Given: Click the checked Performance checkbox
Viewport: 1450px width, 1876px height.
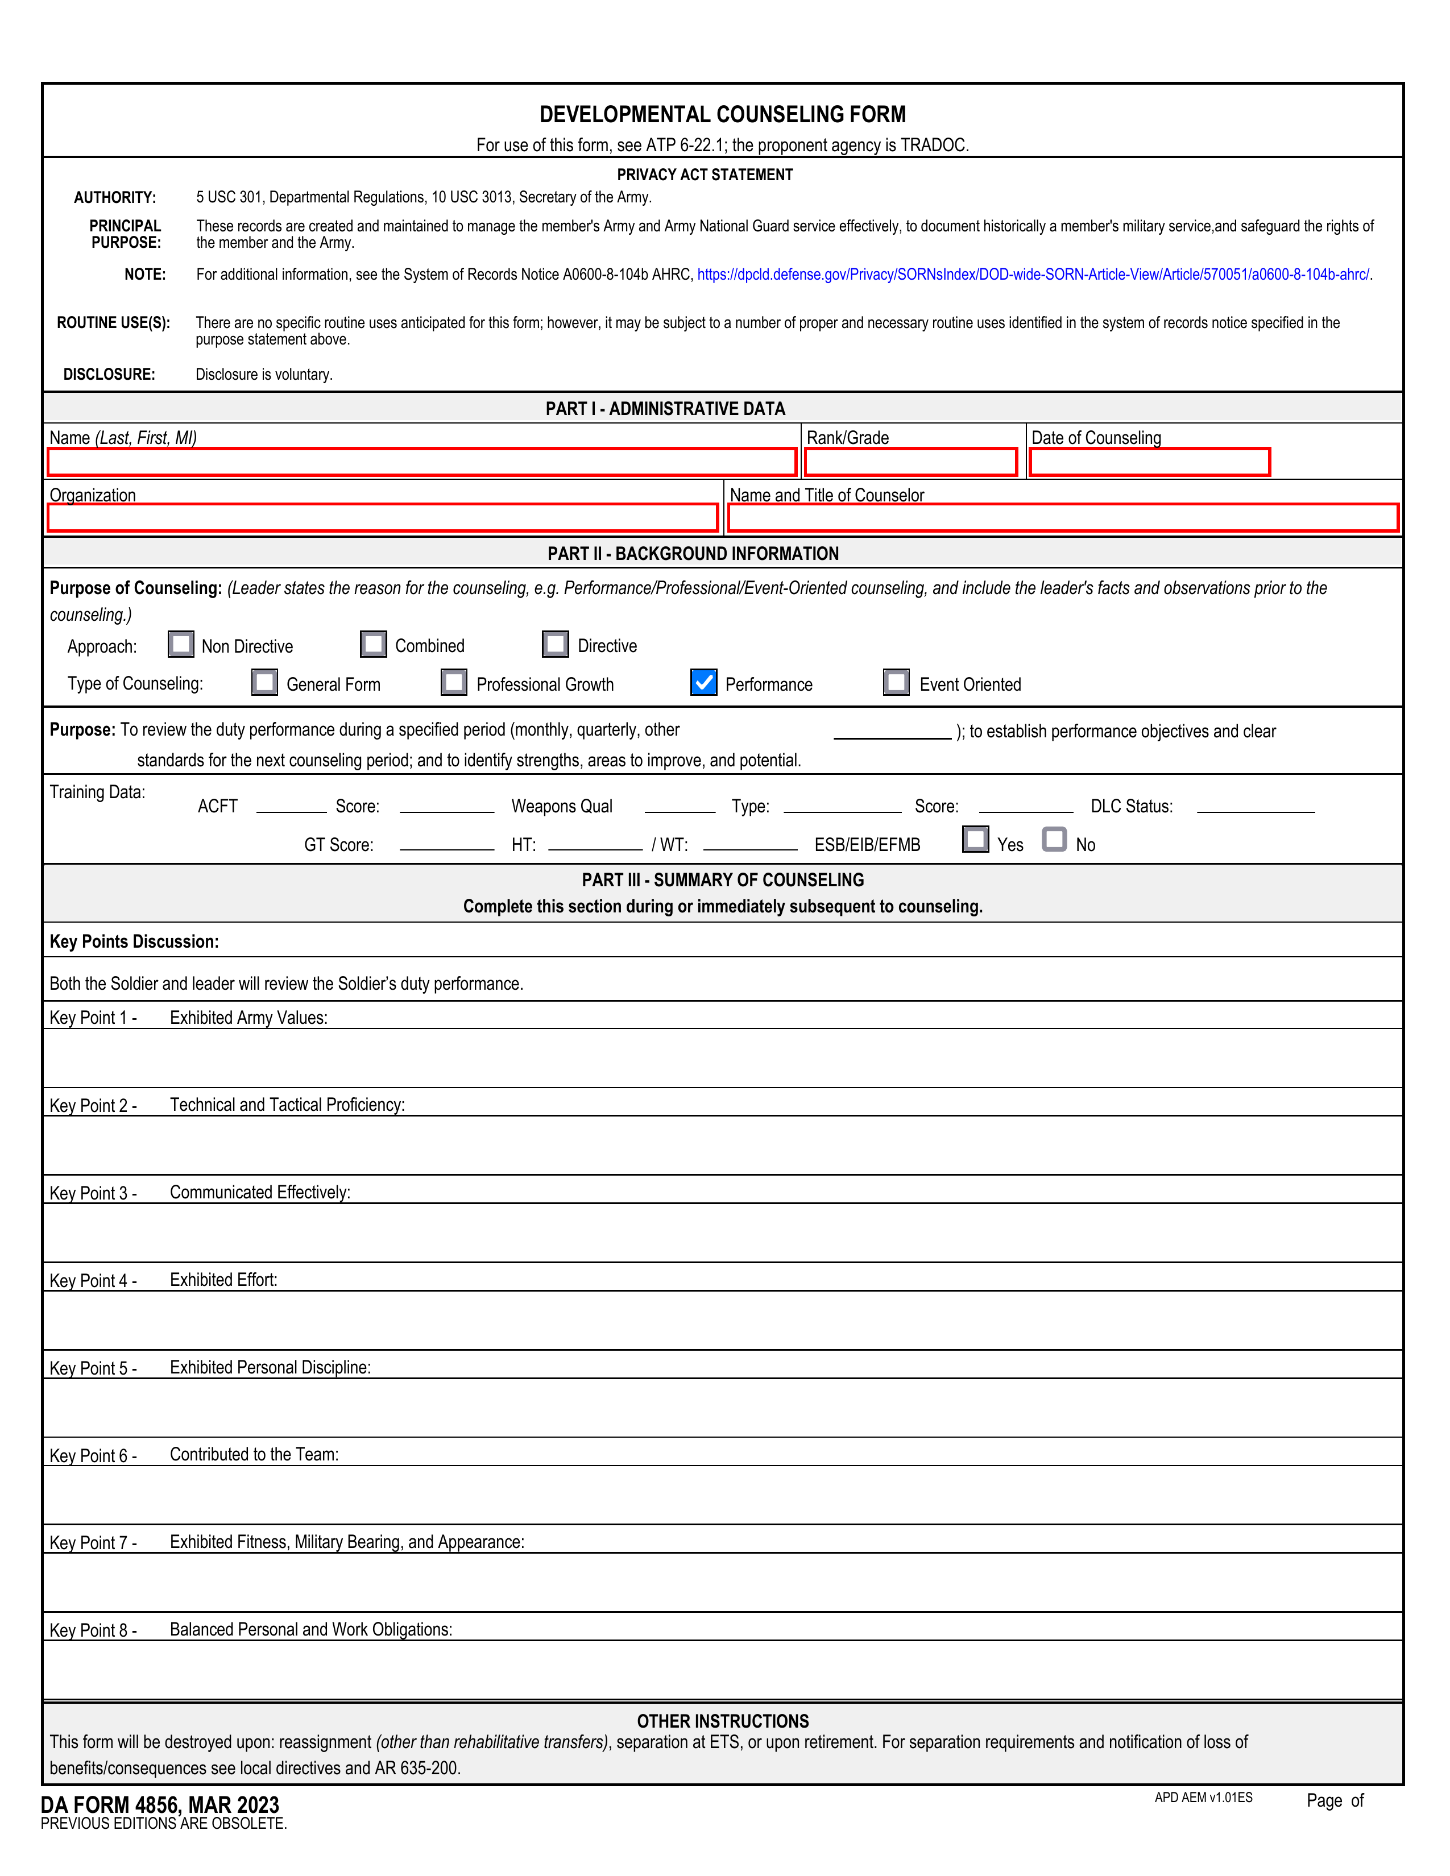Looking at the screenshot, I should click(x=703, y=683).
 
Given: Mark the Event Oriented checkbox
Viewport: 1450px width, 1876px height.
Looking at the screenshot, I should click(x=896, y=683).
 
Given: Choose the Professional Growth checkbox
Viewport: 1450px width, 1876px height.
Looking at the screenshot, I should click(x=454, y=683).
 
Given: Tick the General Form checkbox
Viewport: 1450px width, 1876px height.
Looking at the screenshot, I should click(x=264, y=683).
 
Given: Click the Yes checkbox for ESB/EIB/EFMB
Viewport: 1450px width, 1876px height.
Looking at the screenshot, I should click(x=975, y=839).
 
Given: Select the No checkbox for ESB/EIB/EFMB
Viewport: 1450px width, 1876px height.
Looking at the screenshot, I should click(x=1054, y=839).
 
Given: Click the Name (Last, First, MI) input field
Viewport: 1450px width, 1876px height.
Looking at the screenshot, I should click(x=421, y=462).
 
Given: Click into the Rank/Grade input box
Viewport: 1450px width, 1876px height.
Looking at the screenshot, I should click(x=910, y=462).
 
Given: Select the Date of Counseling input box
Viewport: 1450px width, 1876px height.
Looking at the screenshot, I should click(x=1149, y=462).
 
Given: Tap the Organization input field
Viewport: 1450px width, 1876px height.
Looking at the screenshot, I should click(x=382, y=518).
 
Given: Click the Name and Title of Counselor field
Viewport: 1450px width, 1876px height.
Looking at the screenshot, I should click(x=1063, y=518).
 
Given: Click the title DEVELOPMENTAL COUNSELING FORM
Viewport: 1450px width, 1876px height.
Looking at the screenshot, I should click(x=722, y=114).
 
